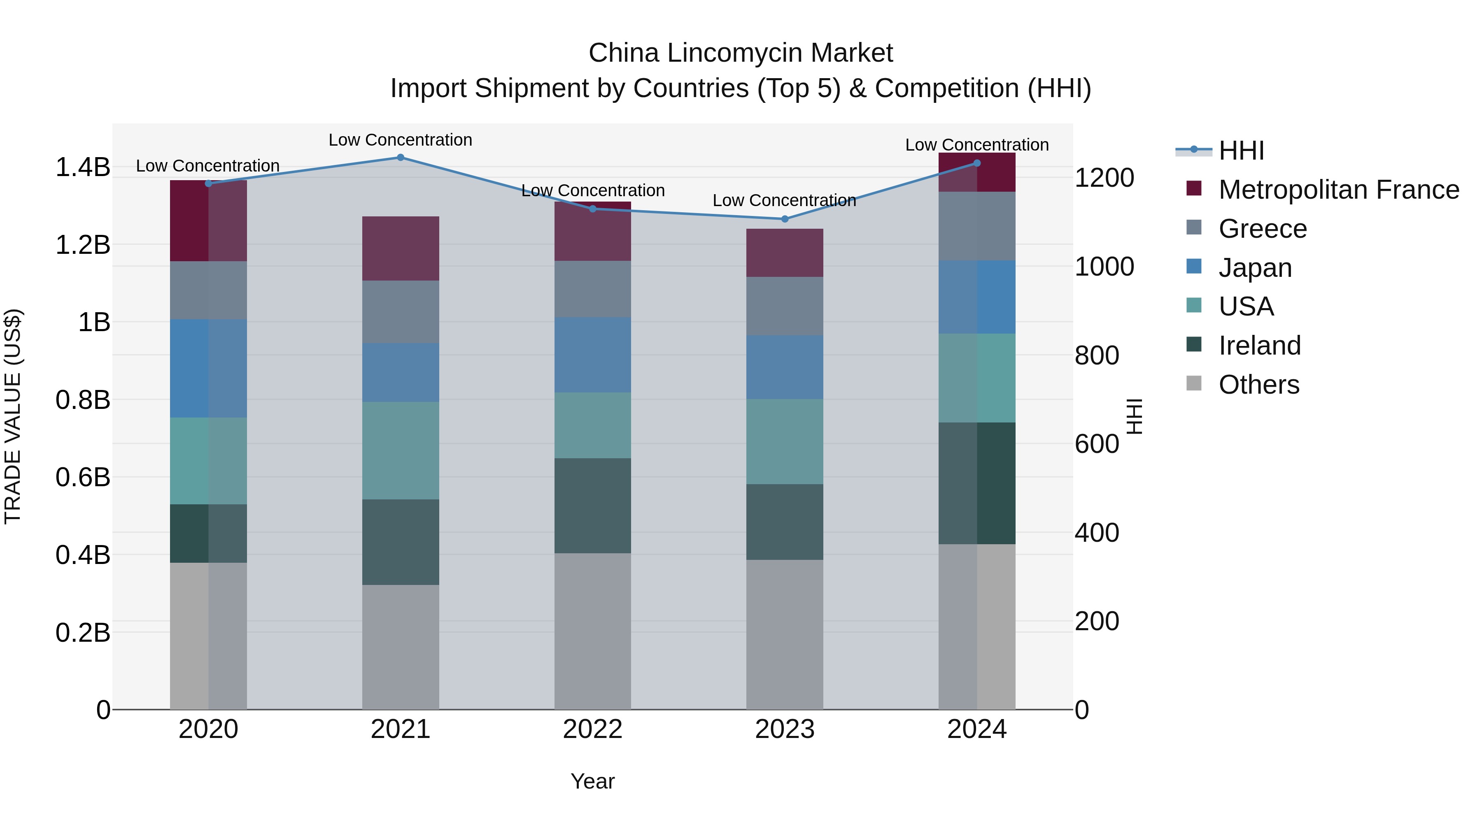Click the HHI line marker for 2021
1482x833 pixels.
[401, 158]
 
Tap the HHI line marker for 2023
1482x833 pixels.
[785, 219]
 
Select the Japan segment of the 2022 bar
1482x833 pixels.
[592, 355]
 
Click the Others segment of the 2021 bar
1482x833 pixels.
[401, 647]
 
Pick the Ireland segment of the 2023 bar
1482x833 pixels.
[785, 522]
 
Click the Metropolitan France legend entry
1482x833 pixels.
[1338, 190]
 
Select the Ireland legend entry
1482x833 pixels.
[1259, 346]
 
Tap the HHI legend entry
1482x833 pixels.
[1241, 151]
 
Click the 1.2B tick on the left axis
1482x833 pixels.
[82, 245]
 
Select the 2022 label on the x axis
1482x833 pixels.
[592, 729]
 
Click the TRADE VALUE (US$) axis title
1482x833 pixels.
[13, 416]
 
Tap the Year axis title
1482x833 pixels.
[592, 781]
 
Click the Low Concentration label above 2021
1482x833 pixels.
[401, 140]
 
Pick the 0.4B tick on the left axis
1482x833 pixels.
[82, 555]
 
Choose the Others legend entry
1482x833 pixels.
[1258, 385]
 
